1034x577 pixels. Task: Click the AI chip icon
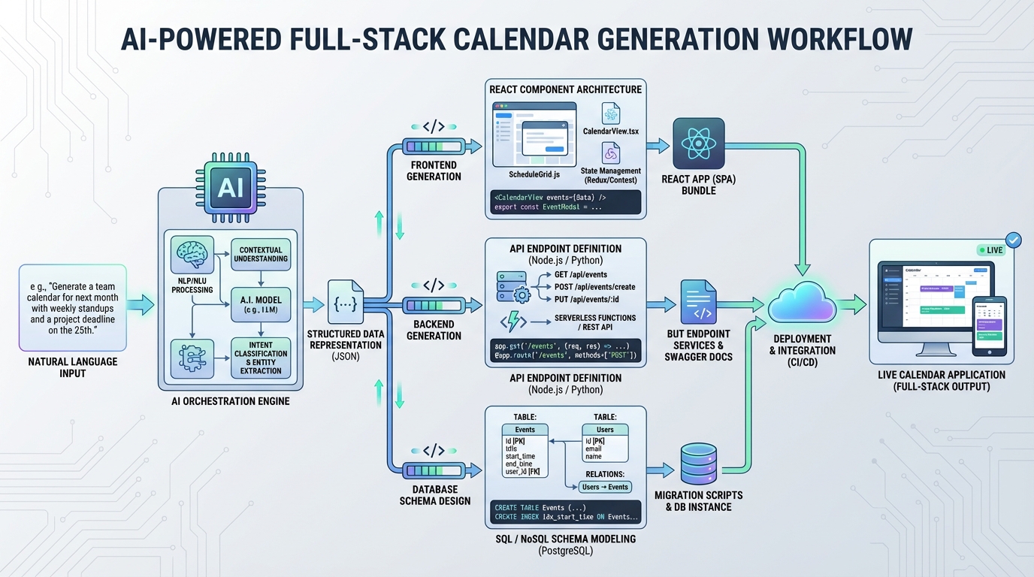[230, 187]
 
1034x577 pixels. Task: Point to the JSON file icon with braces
[346, 304]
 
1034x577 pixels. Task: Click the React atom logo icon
[698, 143]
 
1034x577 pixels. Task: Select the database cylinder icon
[698, 464]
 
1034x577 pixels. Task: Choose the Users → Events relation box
[606, 487]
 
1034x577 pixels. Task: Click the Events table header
[525, 430]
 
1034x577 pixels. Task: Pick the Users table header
[605, 430]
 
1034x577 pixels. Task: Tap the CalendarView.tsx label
[610, 131]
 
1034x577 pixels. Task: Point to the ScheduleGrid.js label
[534, 175]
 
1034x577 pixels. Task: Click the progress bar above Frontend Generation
[434, 146]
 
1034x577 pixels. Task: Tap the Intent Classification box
[260, 358]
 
